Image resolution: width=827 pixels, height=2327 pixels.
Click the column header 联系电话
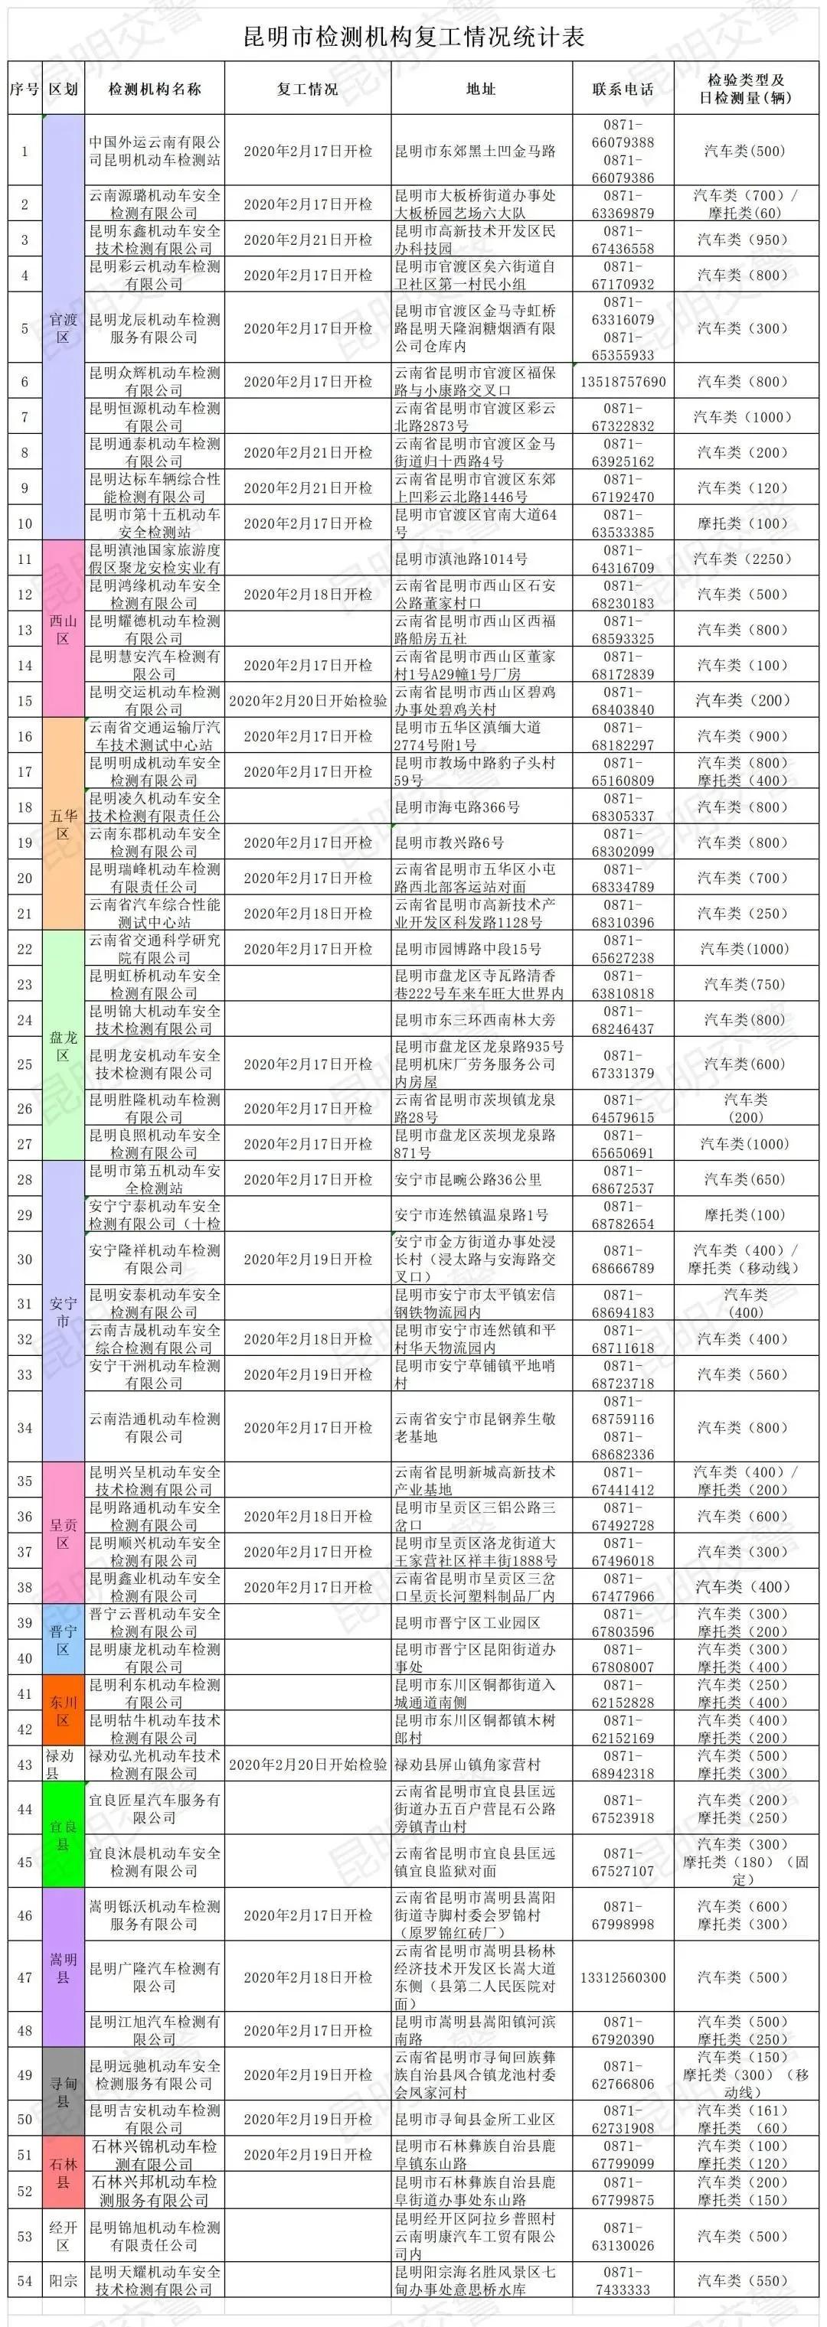pyautogui.click(x=623, y=89)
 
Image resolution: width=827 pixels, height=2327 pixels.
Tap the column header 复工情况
pyautogui.click(x=307, y=89)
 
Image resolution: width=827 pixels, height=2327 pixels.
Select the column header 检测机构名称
pyautogui.click(x=155, y=89)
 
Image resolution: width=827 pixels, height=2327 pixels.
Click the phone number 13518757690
pyautogui.click(x=623, y=381)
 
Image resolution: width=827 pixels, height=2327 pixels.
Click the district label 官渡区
pyautogui.click(x=64, y=328)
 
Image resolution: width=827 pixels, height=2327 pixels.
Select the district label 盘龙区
pyautogui.click(x=64, y=1046)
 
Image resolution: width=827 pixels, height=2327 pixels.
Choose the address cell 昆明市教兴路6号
pyautogui.click(x=449, y=842)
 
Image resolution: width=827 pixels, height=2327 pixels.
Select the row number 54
pyautogui.click(x=25, y=2281)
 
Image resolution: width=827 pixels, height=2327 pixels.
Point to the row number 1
pyautogui.click(x=25, y=151)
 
